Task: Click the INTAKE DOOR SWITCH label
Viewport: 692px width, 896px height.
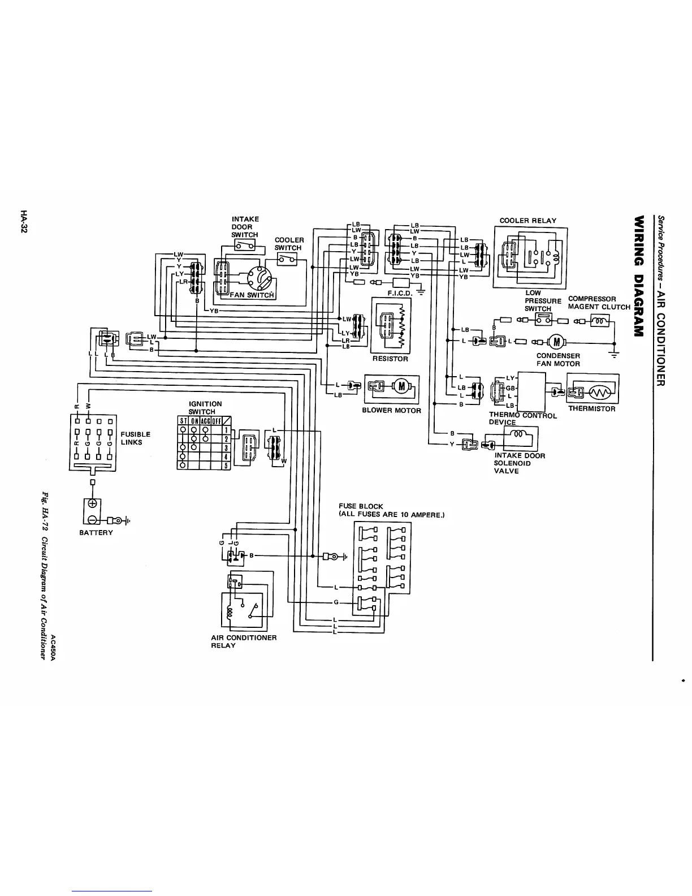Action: [245, 227]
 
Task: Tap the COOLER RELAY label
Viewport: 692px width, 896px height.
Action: [527, 221]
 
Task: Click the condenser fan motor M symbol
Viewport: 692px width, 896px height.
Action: [557, 341]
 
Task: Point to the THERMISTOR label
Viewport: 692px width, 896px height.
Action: [591, 408]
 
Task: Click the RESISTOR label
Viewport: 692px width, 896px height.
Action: [390, 359]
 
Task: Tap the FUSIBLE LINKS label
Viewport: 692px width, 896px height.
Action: [136, 438]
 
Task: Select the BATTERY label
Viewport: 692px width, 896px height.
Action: [96, 532]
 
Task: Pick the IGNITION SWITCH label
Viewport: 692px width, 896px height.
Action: [205, 407]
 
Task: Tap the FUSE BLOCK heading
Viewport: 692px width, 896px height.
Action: [361, 506]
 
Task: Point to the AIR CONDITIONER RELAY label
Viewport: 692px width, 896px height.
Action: [244, 641]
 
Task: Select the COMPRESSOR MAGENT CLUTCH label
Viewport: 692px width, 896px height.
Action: [599, 303]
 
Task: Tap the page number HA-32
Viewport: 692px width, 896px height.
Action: [23, 221]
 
